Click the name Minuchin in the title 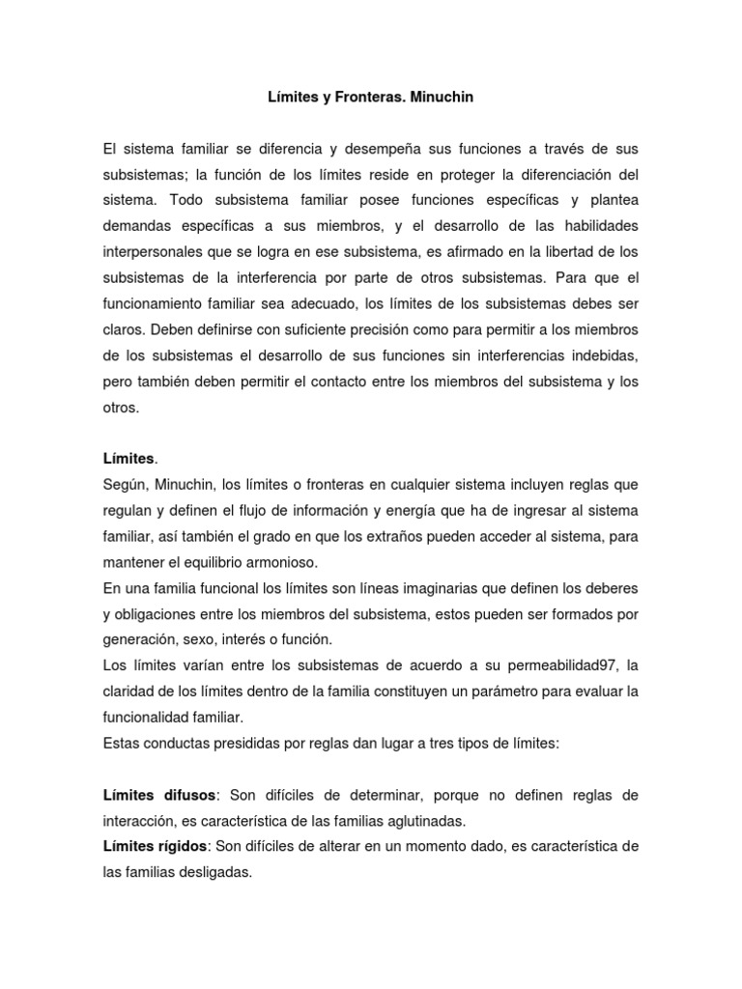(x=442, y=98)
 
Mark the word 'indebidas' (x=602, y=354)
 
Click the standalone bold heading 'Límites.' (x=129, y=458)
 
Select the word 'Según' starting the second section (x=124, y=484)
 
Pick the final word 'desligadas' (x=203, y=872)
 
